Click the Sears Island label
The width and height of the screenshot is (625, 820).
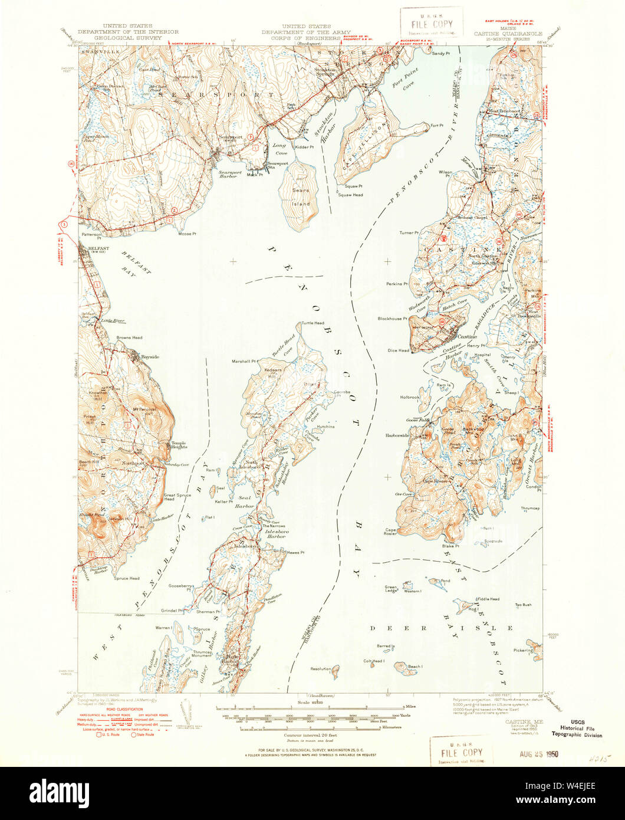pyautogui.click(x=300, y=198)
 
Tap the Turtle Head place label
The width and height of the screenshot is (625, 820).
pyautogui.click(x=312, y=323)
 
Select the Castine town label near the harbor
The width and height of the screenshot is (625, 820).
pyautogui.click(x=467, y=337)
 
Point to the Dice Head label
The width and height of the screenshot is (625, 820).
pyautogui.click(x=399, y=350)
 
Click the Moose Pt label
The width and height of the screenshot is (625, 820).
pyautogui.click(x=186, y=233)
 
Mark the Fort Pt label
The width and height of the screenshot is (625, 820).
pyautogui.click(x=436, y=125)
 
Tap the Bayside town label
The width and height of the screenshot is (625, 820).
pyautogui.click(x=145, y=357)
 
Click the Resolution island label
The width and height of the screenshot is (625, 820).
pyautogui.click(x=321, y=669)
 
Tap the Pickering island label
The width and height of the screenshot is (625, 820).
pyautogui.click(x=523, y=650)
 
